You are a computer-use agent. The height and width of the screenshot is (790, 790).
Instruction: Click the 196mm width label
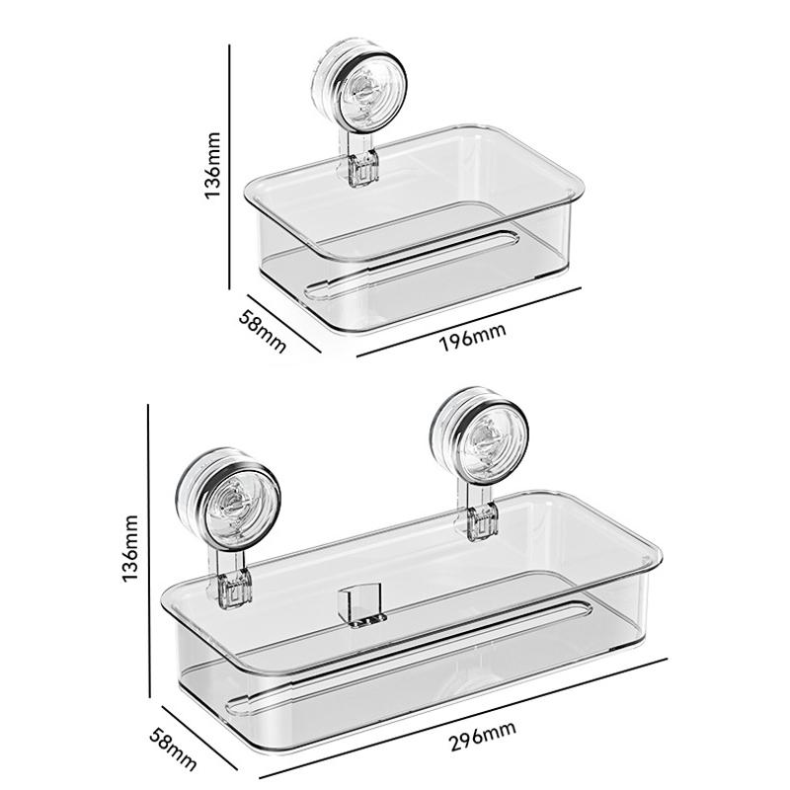point(473,334)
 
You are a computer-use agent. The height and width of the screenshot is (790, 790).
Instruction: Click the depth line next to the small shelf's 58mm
point(285,322)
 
